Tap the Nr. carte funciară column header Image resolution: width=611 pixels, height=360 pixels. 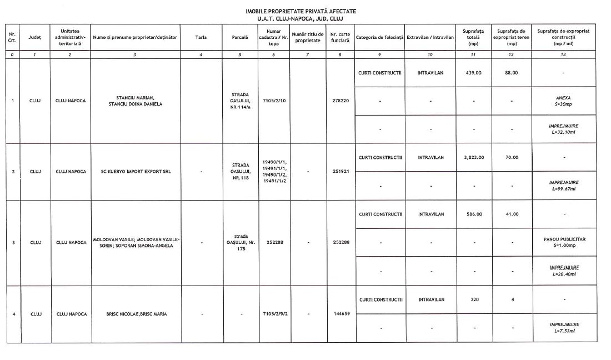click(340, 38)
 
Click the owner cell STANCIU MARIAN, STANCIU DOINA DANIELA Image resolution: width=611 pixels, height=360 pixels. click(136, 101)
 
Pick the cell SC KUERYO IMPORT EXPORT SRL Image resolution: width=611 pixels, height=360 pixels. click(136, 172)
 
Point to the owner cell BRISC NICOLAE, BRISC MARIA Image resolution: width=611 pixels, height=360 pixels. click(136, 314)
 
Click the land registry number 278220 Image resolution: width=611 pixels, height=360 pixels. click(340, 101)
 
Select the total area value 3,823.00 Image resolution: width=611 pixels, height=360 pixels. click(474, 157)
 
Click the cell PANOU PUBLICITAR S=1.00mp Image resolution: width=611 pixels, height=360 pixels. click(564, 242)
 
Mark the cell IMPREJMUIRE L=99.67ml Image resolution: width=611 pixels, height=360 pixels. click(564, 186)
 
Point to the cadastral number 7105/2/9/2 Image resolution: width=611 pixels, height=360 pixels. click(273, 314)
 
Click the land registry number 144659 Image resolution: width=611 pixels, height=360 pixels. click(340, 314)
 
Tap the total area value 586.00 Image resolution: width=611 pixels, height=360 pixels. click(474, 214)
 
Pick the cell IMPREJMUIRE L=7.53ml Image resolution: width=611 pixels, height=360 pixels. click(564, 327)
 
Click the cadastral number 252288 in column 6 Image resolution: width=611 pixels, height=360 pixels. click(273, 242)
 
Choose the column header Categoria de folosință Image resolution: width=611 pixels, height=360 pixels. click(379, 38)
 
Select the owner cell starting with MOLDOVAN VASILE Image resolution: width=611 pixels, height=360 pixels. click(136, 242)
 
